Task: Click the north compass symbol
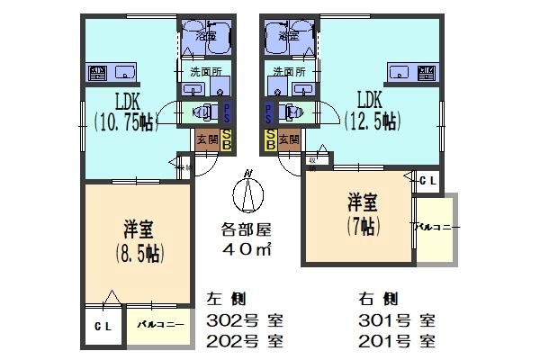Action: (x=247, y=191)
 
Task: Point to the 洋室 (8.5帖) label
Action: (x=139, y=240)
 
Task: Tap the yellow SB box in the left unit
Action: (x=227, y=139)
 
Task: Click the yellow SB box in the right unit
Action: (x=270, y=139)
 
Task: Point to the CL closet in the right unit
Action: (x=428, y=180)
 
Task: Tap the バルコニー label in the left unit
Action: (x=160, y=325)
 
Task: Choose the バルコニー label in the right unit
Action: (x=436, y=227)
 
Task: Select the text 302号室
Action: (x=245, y=320)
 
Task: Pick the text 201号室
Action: (x=397, y=341)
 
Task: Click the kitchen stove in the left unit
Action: (x=97, y=73)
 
